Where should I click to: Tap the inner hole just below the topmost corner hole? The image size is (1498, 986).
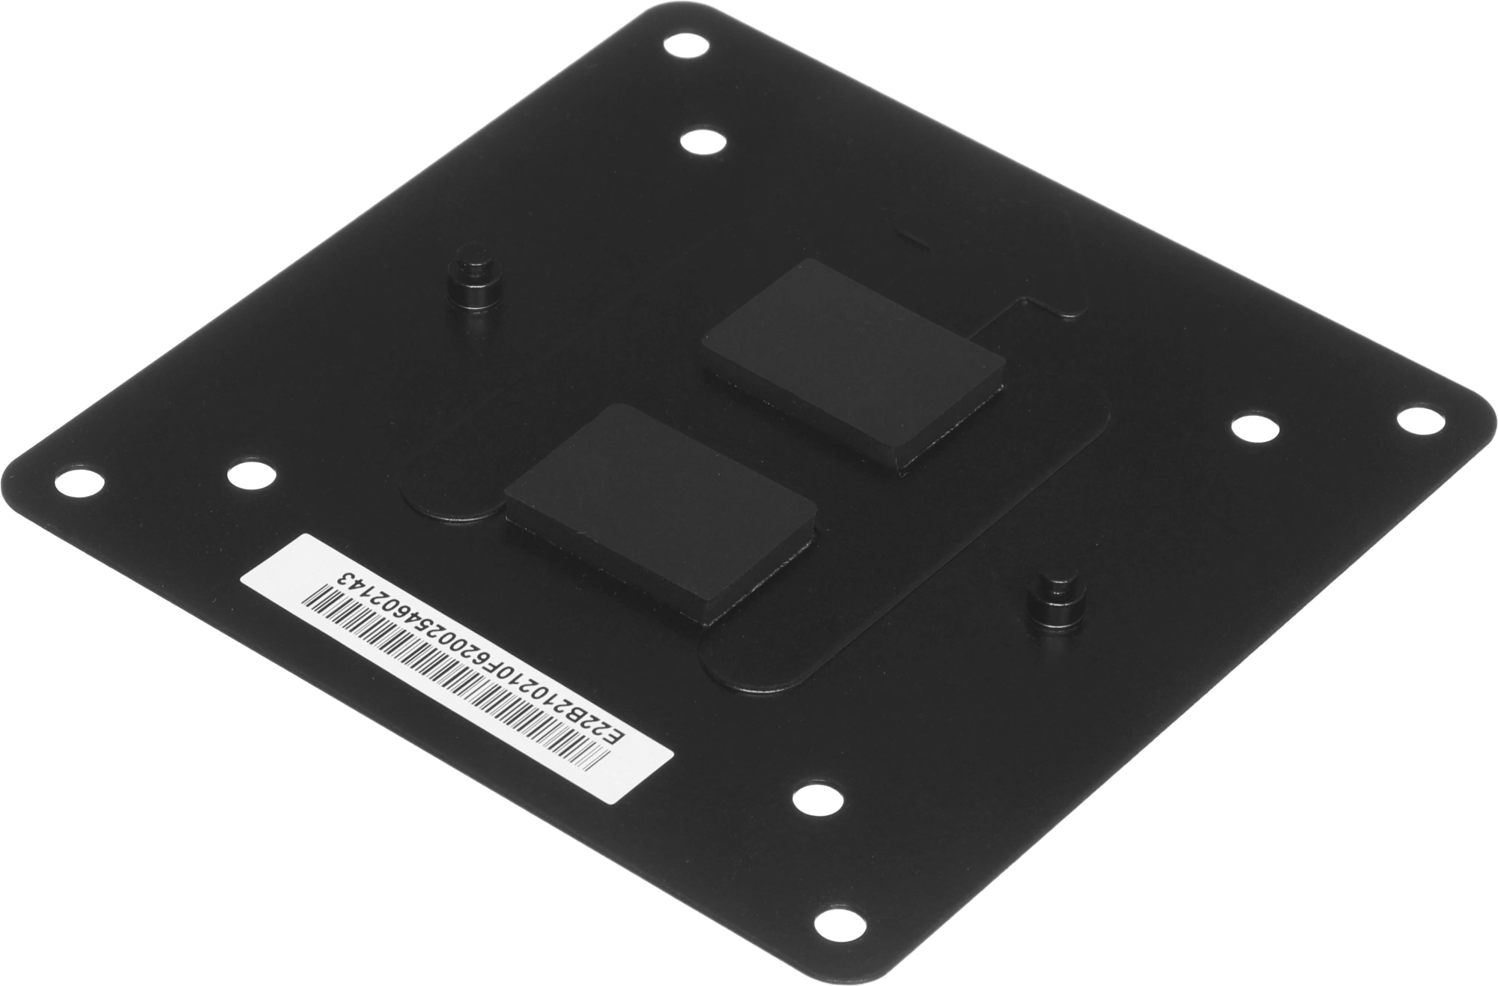(704, 142)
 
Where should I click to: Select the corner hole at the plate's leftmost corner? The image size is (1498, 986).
(82, 480)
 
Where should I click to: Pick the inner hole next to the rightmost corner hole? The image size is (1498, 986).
(1255, 429)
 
